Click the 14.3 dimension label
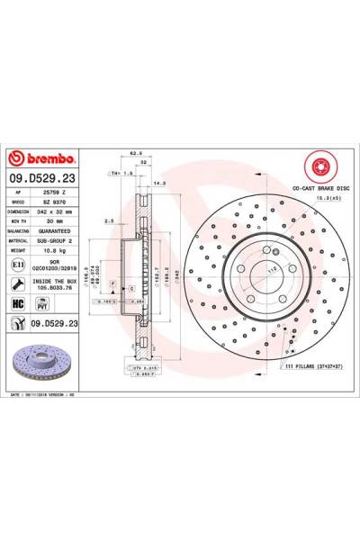point(161,184)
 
